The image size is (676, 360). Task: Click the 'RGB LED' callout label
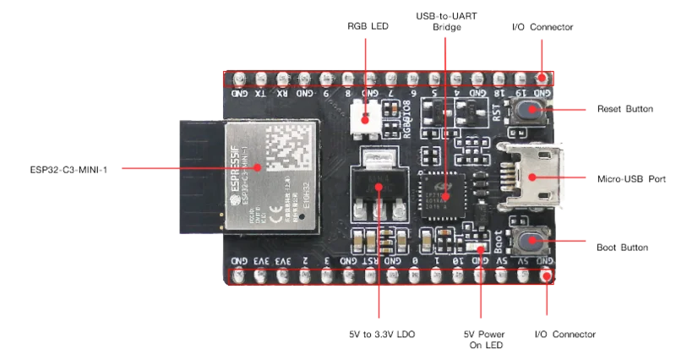click(x=368, y=26)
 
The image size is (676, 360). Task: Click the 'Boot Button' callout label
click(x=623, y=248)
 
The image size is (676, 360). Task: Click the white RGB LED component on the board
click(x=367, y=116)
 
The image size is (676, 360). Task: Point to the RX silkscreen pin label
click(x=282, y=94)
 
